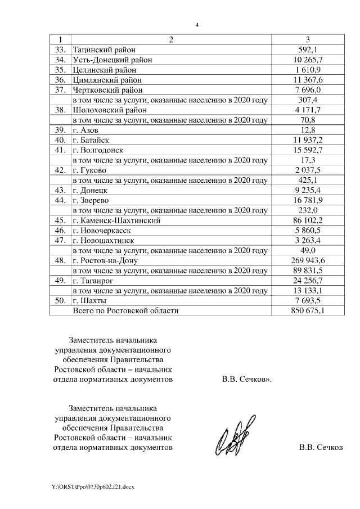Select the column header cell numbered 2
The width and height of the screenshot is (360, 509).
(x=170, y=39)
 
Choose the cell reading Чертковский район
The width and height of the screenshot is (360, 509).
(x=107, y=90)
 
